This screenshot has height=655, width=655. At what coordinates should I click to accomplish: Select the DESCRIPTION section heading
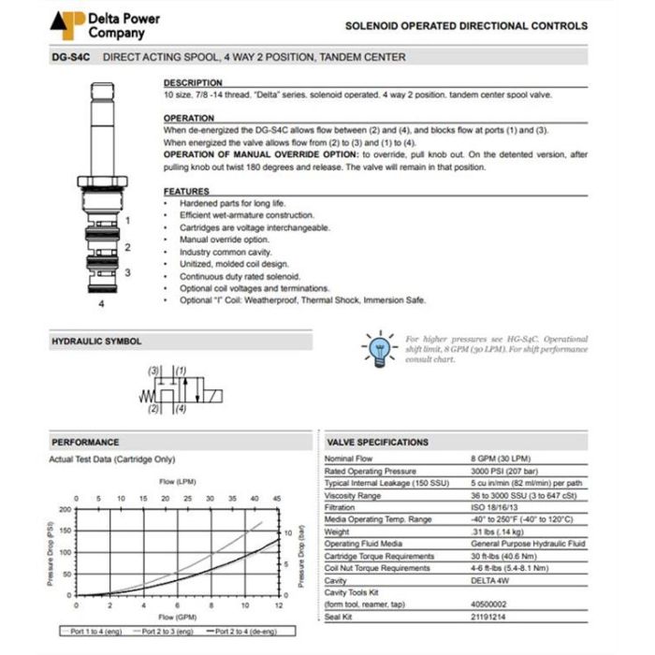click(x=193, y=82)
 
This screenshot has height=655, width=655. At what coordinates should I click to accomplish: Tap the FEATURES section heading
click(x=186, y=191)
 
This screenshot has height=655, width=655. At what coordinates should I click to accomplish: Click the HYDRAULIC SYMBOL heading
click(x=96, y=342)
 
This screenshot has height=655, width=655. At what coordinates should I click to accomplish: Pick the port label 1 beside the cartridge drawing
click(x=127, y=221)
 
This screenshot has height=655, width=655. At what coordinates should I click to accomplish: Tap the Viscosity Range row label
click(x=353, y=495)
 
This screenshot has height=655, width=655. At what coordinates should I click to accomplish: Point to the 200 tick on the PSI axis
click(x=65, y=510)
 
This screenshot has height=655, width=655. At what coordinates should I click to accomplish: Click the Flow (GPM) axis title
click(x=177, y=618)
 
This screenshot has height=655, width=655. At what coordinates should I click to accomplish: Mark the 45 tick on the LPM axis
click(x=277, y=499)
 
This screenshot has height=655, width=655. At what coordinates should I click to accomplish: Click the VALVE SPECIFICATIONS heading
click(x=377, y=442)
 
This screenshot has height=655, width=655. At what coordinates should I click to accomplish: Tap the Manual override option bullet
click(x=211, y=240)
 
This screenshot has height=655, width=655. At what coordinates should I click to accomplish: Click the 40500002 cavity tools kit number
click(x=489, y=604)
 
